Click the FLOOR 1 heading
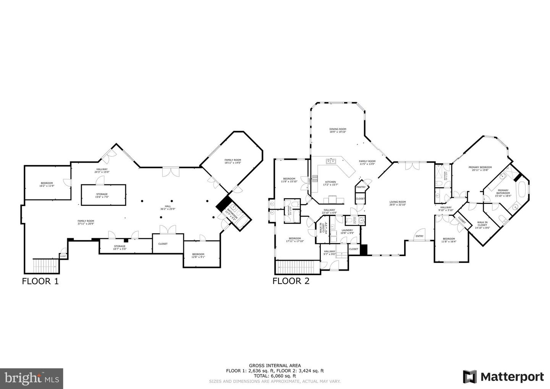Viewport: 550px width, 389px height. [x=40, y=281]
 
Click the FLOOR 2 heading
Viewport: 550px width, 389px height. [x=291, y=281]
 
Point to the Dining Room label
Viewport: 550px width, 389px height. [x=338, y=130]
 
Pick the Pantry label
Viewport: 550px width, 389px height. [x=361, y=187]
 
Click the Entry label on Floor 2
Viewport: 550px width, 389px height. [x=419, y=236]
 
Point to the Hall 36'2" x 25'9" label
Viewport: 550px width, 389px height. [x=168, y=208]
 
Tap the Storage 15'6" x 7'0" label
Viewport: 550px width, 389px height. [x=102, y=195]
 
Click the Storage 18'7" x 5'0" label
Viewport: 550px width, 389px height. [x=119, y=247]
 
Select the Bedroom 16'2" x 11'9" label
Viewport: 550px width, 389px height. [x=47, y=184]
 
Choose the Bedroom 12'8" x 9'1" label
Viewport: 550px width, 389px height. [x=198, y=255]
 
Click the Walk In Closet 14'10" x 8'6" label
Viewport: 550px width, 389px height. [x=482, y=225]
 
